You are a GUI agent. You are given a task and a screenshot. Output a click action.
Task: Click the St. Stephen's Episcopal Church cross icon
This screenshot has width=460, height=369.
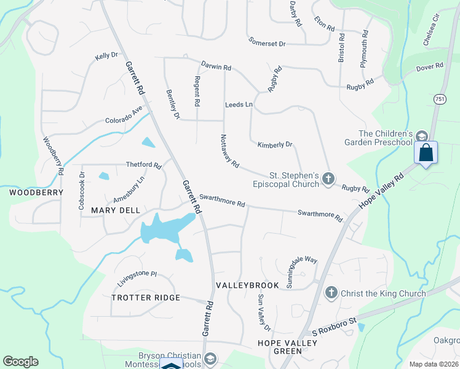[328, 179]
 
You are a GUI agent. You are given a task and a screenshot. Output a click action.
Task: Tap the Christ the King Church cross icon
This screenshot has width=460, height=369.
[331, 293]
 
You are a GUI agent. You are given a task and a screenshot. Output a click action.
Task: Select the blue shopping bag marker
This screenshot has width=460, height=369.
[426, 153]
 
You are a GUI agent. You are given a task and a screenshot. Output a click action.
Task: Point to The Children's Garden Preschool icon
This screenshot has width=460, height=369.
[421, 137]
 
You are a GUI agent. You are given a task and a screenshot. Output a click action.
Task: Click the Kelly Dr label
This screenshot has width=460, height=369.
[106, 56]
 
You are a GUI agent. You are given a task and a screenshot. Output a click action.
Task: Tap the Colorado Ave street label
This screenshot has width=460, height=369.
[124, 117]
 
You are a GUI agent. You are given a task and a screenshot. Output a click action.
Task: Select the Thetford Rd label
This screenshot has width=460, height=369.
[143, 165]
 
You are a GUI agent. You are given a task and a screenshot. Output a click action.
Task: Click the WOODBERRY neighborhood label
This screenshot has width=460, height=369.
[36, 192]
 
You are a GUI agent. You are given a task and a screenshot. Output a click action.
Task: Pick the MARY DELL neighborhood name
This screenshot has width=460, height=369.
[116, 210]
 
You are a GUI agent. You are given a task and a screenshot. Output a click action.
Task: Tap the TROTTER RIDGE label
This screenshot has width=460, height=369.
[146, 298]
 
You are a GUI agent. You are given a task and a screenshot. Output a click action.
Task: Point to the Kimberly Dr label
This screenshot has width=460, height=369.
[275, 145]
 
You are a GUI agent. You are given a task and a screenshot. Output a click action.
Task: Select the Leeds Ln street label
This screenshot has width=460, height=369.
[239, 105]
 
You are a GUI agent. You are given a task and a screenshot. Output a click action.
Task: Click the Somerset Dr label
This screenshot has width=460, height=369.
[268, 44]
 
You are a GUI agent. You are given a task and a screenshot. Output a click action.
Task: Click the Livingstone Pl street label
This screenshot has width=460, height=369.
[138, 277]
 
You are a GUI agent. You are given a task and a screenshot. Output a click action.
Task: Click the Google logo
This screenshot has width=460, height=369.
[20, 362]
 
